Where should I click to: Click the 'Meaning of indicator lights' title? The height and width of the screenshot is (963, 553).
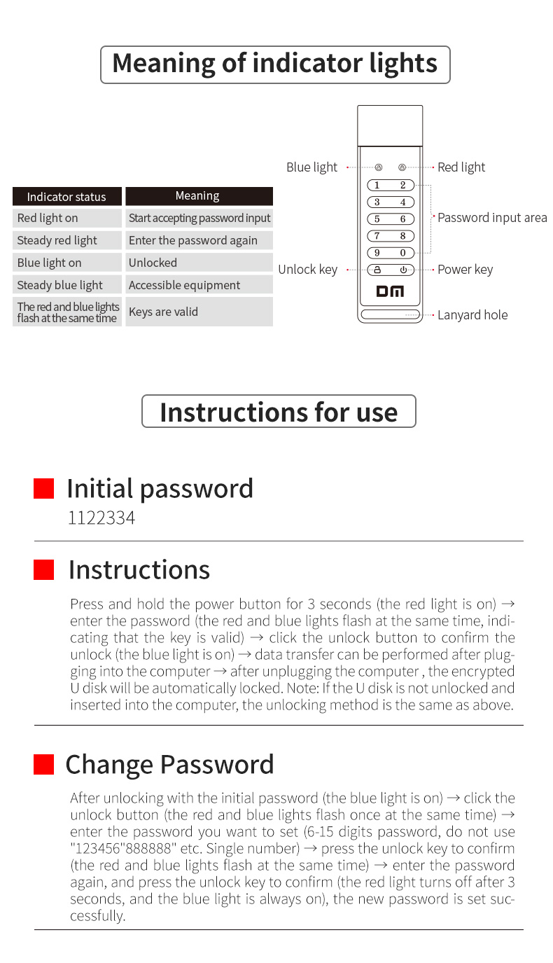[274, 64]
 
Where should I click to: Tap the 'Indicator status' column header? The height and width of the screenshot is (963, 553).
[66, 197]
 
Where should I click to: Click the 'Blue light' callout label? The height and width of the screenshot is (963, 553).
[311, 167]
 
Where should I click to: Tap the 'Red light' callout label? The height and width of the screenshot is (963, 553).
[461, 167]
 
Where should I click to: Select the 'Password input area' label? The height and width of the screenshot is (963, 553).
[492, 218]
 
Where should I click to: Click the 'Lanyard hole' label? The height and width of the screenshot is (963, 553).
[472, 315]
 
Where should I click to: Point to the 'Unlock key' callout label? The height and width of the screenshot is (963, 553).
[307, 270]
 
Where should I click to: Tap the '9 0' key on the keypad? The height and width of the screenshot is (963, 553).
[390, 253]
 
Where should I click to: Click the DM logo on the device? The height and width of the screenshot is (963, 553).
[390, 291]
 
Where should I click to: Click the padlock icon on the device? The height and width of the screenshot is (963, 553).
[377, 270]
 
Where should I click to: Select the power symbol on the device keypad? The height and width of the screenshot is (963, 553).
[403, 270]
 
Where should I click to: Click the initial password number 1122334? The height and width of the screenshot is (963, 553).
[101, 518]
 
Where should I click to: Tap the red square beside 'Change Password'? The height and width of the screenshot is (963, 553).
[44, 765]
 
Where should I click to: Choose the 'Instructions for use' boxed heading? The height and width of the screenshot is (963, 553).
[279, 411]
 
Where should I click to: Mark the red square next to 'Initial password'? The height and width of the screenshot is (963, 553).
[44, 489]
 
